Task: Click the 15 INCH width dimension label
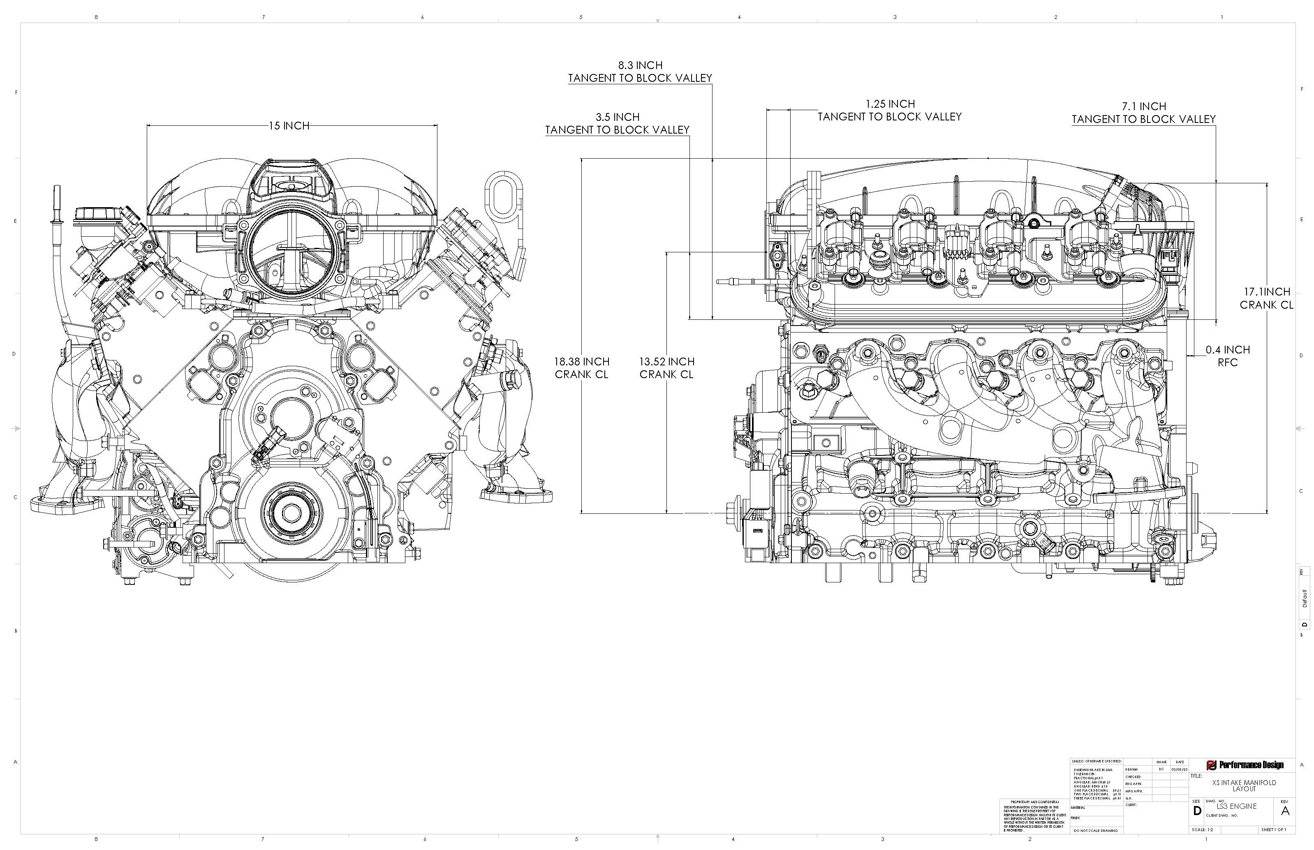pos(289,126)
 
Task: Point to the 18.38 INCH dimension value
pos(581,362)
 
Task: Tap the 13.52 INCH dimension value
pos(666,362)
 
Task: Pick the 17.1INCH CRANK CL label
pos(1267,298)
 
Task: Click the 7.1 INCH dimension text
pos(1143,106)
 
